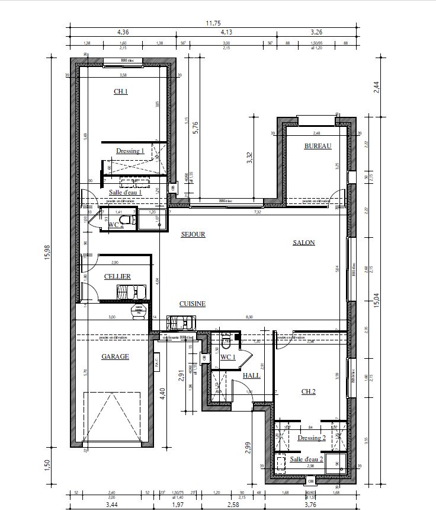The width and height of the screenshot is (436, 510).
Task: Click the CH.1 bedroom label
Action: [121, 91]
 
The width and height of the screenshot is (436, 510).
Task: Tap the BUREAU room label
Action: [318, 146]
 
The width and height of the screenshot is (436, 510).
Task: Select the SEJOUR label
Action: [193, 234]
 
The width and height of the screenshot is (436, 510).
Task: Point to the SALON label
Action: [304, 243]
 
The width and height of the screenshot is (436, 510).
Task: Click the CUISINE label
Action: [193, 304]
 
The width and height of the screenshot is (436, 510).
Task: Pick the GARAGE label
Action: [115, 356]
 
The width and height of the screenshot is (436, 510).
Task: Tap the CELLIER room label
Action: [117, 276]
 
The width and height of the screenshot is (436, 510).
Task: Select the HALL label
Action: [251, 375]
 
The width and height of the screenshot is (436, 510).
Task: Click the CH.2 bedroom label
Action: [308, 391]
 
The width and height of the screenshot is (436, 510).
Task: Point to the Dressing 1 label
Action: [130, 151]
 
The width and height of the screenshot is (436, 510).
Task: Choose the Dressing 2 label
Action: [312, 438]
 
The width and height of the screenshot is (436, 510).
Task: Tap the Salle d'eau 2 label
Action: [306, 459]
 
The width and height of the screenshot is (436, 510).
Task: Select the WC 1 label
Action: [228, 357]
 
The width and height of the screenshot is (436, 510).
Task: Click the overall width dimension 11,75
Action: [212, 24]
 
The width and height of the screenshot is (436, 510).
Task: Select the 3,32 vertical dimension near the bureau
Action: [249, 157]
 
